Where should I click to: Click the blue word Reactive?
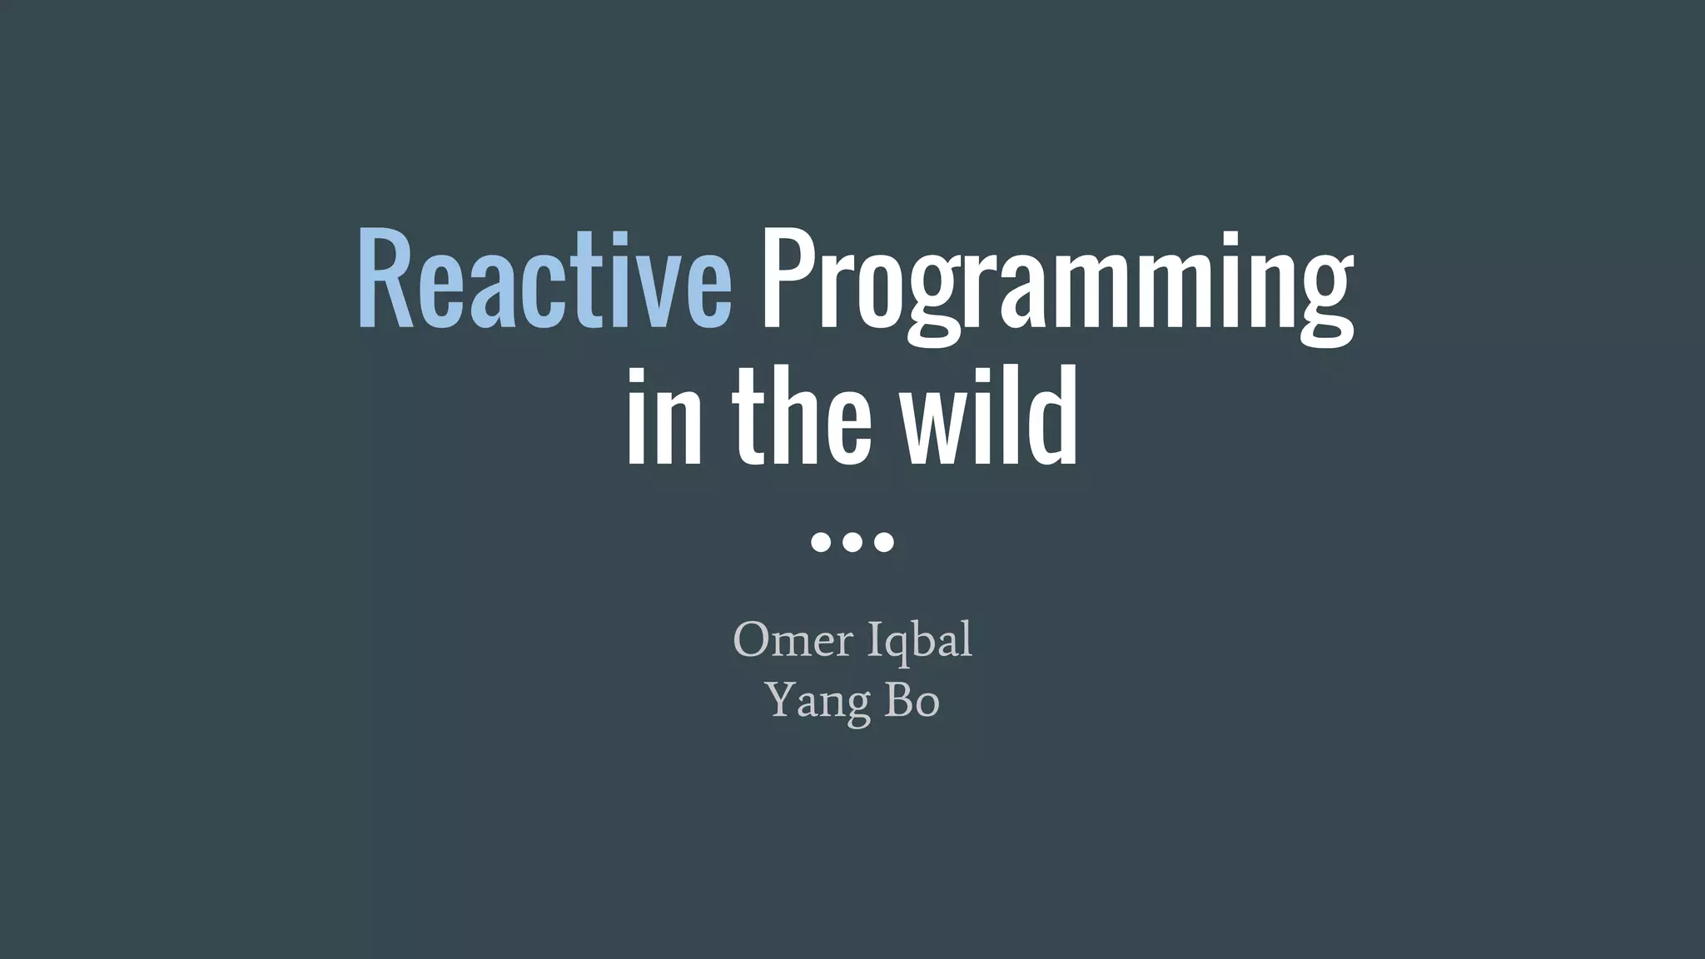tap(545, 279)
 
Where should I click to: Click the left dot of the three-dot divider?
tap(821, 542)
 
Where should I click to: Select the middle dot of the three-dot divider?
tap(852, 542)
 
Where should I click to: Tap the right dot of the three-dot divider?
tap(884, 542)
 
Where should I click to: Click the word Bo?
tap(912, 700)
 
